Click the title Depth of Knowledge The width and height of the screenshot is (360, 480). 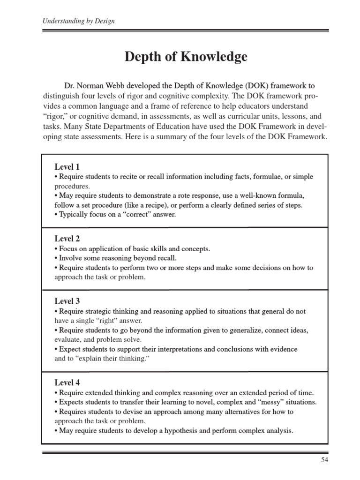point(186,58)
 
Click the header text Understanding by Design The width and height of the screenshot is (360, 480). point(79,21)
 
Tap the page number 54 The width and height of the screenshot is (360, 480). point(325,460)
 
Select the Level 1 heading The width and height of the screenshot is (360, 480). point(67,167)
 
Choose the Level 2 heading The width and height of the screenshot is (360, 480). point(67,239)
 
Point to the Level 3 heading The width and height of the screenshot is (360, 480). point(67,301)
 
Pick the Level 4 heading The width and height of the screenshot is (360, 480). point(67,382)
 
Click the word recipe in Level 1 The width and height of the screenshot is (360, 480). point(154,205)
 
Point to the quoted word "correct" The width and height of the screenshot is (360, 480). point(138,214)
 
